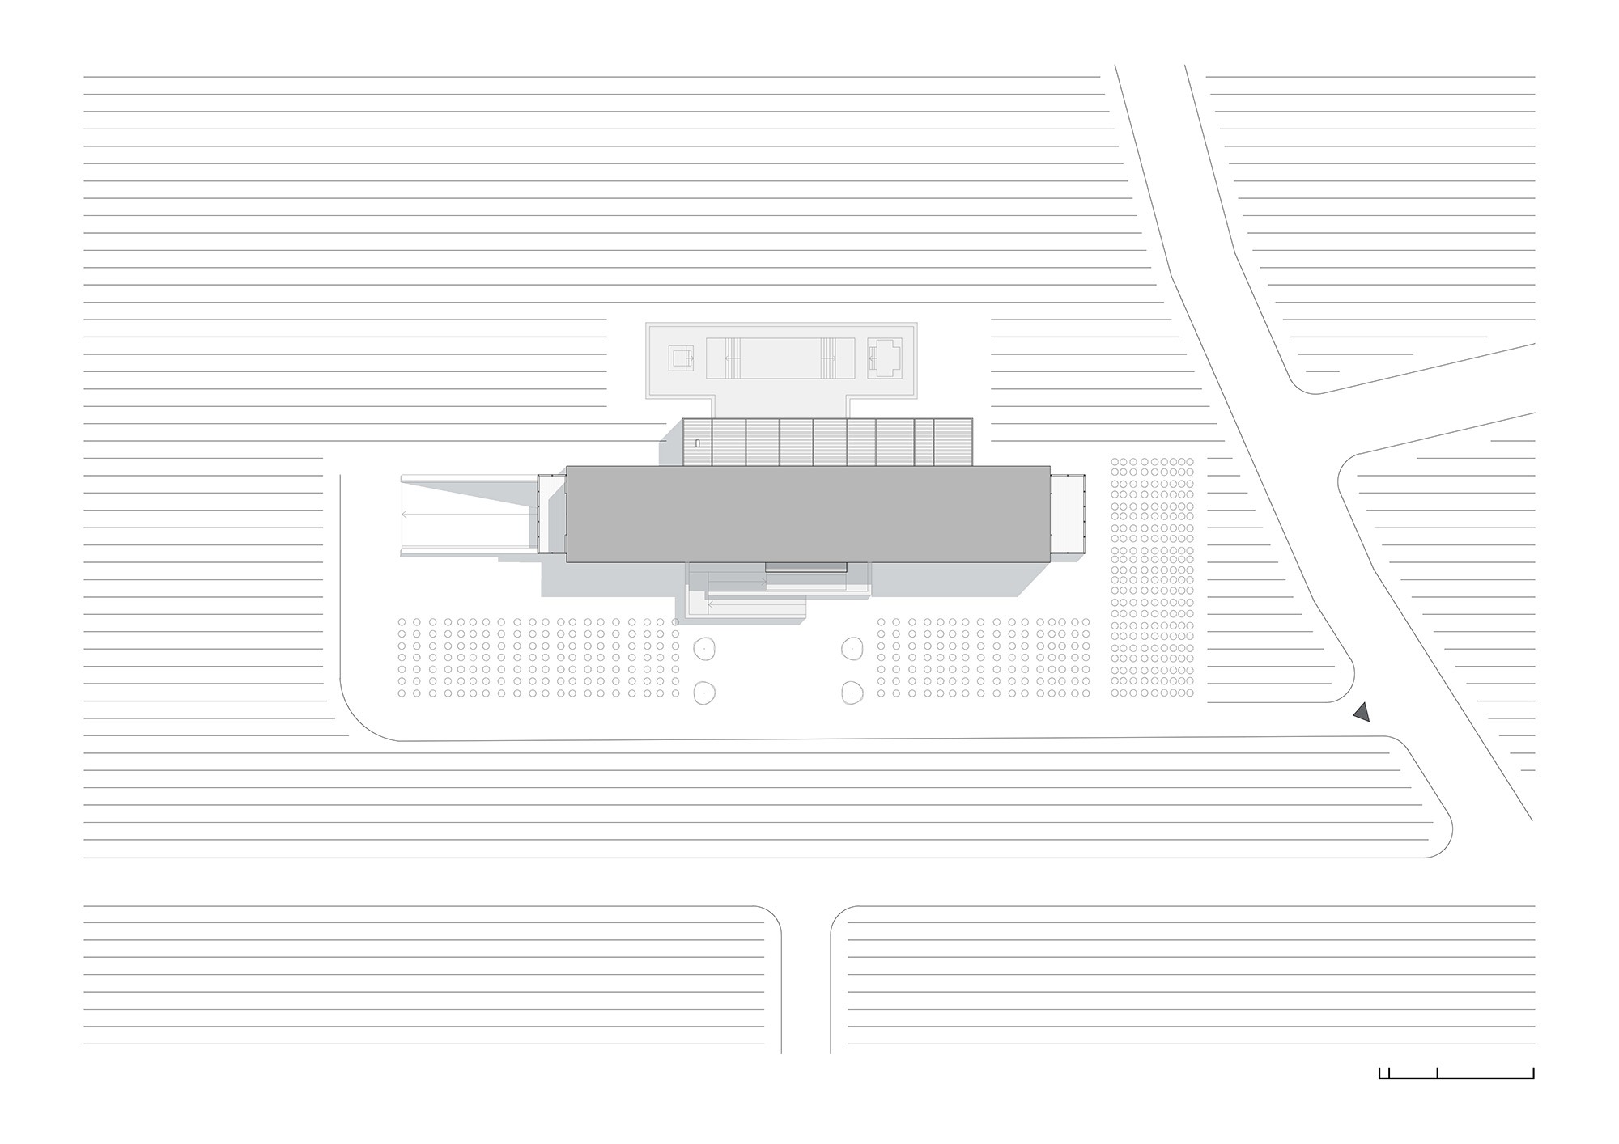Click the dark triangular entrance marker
(1362, 713)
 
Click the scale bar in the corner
(1456, 1074)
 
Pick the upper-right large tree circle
(852, 648)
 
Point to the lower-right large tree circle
(852, 693)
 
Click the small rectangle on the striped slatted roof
(697, 443)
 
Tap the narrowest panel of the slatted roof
(924, 442)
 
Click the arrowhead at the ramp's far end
(404, 514)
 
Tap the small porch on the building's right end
(1067, 515)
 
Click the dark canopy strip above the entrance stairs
(806, 567)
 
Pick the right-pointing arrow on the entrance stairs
(763, 581)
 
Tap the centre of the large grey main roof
(808, 514)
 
